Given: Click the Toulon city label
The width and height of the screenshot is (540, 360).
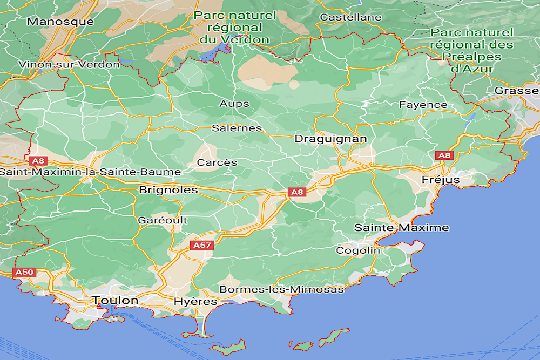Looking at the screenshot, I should tap(115, 300).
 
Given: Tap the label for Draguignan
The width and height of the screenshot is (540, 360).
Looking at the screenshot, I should tap(330, 139).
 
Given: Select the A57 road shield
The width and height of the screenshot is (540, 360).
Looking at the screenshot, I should tap(202, 245).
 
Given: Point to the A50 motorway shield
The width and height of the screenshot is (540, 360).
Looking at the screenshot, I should tap(25, 273).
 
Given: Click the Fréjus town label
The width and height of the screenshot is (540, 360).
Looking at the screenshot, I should tap(441, 179).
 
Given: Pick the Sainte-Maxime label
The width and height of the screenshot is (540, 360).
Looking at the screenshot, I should tap(401, 228).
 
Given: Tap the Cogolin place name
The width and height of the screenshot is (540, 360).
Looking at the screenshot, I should tap(358, 250).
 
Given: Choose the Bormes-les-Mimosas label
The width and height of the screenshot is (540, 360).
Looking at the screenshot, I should tap(281, 289).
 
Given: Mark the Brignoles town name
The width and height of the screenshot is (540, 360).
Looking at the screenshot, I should tap(168, 190).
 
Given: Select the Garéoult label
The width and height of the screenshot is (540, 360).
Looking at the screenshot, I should tap(163, 220).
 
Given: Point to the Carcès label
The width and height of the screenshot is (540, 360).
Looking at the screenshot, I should tap(217, 162).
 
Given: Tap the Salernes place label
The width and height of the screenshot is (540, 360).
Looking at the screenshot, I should tap(237, 128).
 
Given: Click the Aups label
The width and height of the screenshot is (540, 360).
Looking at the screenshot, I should tap(234, 104).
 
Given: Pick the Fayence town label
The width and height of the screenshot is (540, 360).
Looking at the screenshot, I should tap(423, 105).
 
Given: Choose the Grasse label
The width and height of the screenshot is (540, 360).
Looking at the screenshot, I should tap(517, 91).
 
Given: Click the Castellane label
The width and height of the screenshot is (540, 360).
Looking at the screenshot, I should tap(350, 17).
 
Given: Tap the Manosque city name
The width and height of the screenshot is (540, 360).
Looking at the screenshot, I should tap(60, 22).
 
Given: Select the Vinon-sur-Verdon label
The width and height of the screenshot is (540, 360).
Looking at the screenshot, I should tap(69, 65).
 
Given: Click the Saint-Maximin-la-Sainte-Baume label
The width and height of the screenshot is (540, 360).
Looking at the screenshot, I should tap(90, 172).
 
